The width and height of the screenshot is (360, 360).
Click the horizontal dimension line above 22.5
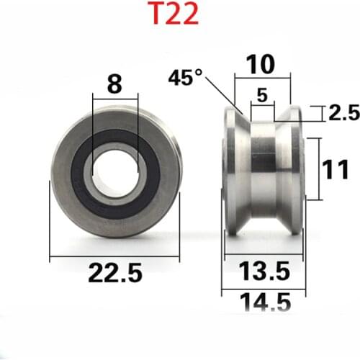(115, 256)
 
